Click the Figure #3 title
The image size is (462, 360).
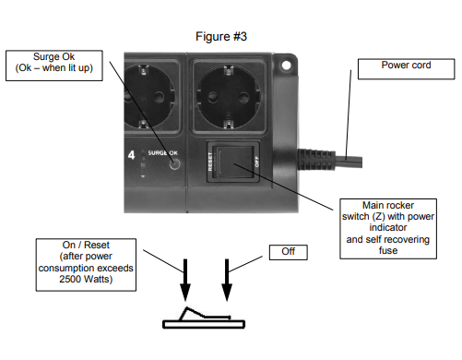(221, 37)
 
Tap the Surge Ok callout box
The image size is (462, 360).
(54, 66)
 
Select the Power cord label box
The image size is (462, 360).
(406, 69)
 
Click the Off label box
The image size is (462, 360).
(289, 252)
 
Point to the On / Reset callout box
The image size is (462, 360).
(86, 265)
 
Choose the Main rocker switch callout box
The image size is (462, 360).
(388, 229)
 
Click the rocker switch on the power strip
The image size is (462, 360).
(233, 162)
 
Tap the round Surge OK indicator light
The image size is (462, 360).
(174, 164)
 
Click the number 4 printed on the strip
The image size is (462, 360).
(131, 155)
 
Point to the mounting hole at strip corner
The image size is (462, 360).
(286, 66)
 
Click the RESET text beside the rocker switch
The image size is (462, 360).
(210, 162)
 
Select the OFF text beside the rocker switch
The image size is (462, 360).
(256, 162)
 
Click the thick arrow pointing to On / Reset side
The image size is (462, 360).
(185, 280)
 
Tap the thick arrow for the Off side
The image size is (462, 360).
(227, 280)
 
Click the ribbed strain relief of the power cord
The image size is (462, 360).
(316, 159)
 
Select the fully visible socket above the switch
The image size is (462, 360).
(229, 96)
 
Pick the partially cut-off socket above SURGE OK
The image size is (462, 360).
(150, 96)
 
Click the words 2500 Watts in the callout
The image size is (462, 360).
(86, 280)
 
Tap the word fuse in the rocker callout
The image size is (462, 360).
(388, 250)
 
